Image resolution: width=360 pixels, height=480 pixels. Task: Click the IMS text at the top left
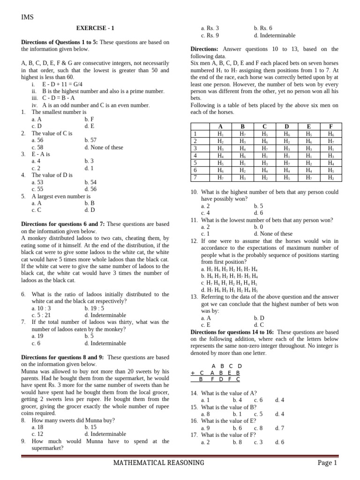[28, 17]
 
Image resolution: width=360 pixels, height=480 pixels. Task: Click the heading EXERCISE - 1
[95, 28]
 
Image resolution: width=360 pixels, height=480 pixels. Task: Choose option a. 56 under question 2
[37, 140]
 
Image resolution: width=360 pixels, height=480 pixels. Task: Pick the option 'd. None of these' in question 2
[104, 147]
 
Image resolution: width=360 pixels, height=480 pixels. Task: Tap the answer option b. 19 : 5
[95, 308]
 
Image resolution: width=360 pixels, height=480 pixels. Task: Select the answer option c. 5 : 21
[41, 315]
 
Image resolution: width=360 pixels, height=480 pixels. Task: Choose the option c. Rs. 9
[210, 35]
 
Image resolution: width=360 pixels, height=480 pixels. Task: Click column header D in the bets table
[286, 127]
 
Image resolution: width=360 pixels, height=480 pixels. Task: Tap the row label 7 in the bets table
[195, 178]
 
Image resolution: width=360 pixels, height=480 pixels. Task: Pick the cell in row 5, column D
[286, 163]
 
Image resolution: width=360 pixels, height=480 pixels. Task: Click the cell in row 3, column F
[331, 149]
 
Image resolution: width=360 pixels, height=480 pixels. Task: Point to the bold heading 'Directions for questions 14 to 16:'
[232, 332]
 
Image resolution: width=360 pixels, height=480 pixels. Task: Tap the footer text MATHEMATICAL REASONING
[159, 463]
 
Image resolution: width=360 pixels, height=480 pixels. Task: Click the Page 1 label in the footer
[327, 463]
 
